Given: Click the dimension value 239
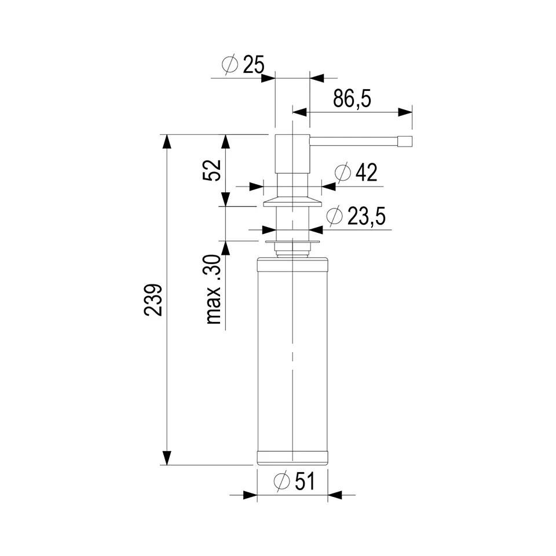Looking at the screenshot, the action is tap(153, 299).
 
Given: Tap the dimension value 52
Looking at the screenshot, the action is tap(212, 170).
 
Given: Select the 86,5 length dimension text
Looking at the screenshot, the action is tap(352, 98).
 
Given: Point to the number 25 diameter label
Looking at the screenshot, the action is tap(254, 65).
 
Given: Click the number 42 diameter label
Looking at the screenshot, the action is tap(366, 173).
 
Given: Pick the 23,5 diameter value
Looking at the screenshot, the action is tap(366, 216).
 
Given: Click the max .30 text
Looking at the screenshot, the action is tap(214, 290).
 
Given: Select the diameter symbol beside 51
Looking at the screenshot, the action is tap(282, 481).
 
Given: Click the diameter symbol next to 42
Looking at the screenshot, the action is tap(342, 173).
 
